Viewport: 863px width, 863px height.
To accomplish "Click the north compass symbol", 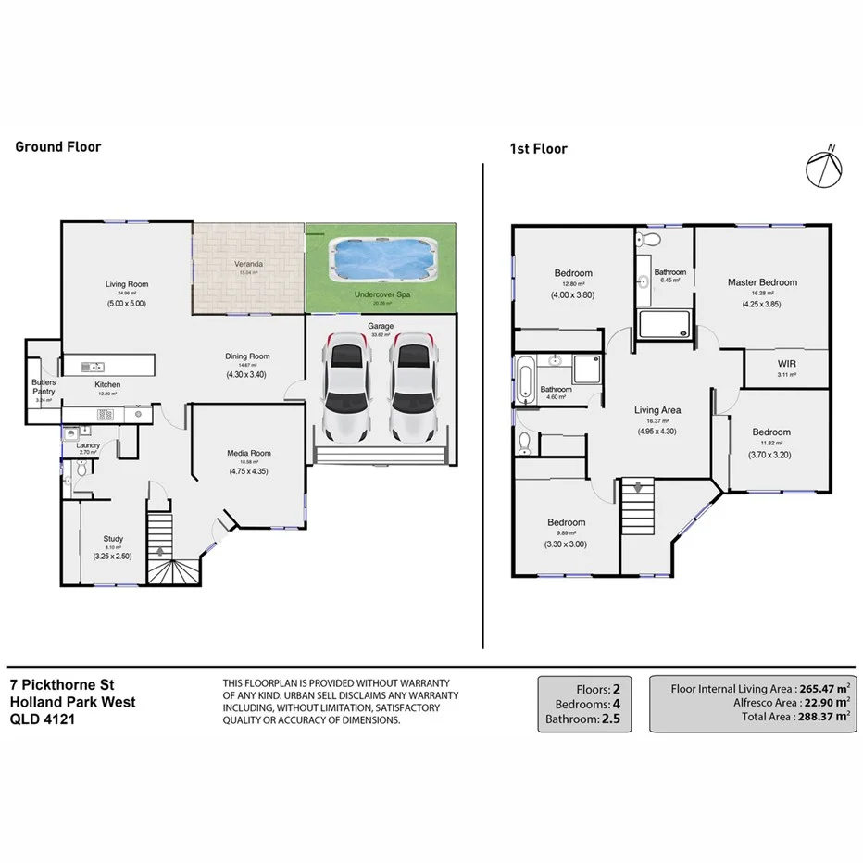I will pos(826,168).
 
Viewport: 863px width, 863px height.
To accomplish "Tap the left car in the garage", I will pos(345,386).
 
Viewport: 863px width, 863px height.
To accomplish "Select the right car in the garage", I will pos(411,386).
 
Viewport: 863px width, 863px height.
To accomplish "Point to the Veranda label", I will pos(248,265).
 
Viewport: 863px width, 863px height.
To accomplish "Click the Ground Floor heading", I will pos(58,146).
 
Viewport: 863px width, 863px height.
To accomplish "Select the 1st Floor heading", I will pos(539,148).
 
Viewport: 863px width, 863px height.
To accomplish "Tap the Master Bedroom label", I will pos(761,282).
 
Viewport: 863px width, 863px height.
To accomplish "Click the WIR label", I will pos(786,364).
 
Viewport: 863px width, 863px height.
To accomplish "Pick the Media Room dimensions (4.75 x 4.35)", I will pos(249,471).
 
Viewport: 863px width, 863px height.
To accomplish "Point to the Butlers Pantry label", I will pos(44,387).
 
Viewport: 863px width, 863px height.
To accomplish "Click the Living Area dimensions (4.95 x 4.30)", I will pos(657,431).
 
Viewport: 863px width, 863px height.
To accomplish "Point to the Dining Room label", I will pos(247,356).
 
